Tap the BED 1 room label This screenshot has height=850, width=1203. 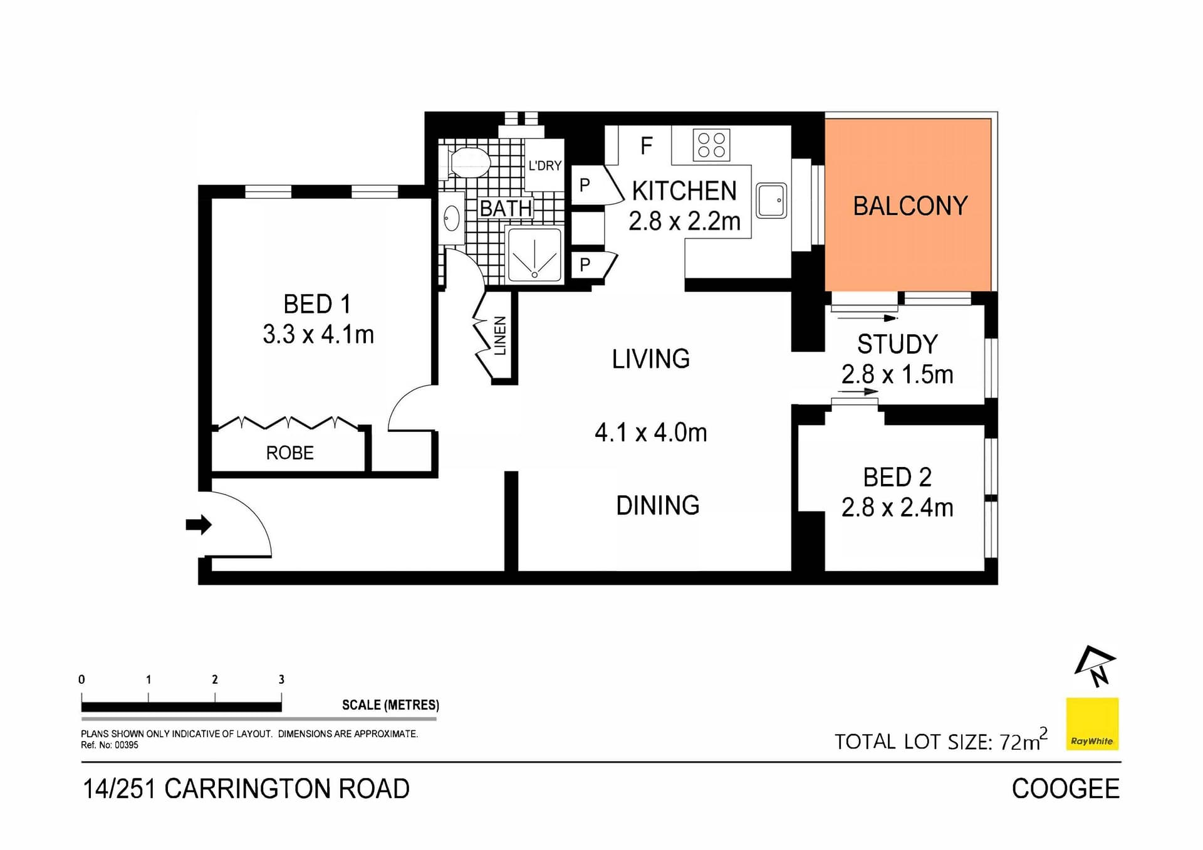point(317,305)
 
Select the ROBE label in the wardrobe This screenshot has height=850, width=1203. point(289,453)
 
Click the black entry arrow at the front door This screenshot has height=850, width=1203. point(199,524)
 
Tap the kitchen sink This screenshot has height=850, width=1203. point(771,201)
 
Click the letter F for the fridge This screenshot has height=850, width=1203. point(647,146)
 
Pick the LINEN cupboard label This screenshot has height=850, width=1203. point(500,336)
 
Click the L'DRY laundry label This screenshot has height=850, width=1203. point(544,165)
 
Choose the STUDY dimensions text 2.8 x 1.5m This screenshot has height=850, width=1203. point(897,375)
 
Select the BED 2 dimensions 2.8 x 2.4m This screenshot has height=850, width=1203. point(897,508)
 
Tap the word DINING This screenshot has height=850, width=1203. point(657,505)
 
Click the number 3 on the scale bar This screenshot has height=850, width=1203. point(281,679)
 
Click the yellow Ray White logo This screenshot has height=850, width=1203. point(1092,724)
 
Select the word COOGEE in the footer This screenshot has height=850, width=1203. point(1065,789)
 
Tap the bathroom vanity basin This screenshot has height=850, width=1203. point(451,219)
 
